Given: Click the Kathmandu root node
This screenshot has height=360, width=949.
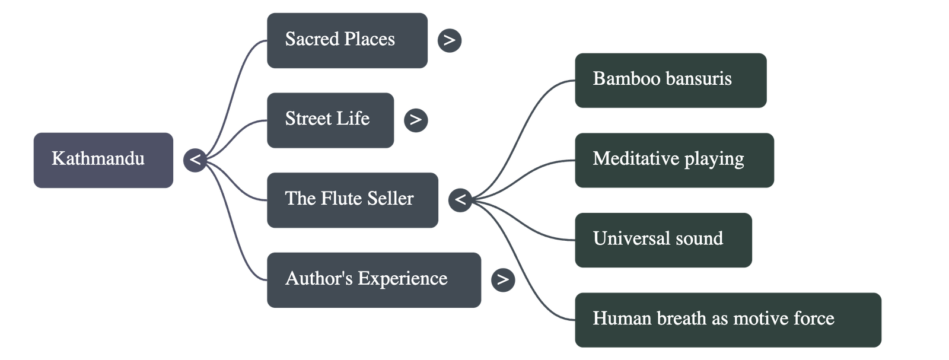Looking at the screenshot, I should (x=103, y=160).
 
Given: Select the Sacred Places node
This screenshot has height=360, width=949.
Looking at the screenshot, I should (x=347, y=41).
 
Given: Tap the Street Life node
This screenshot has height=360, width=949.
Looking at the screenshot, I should (x=330, y=120).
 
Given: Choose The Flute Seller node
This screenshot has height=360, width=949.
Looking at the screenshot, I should (x=352, y=200).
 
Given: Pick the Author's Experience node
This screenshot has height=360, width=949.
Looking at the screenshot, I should (x=374, y=279).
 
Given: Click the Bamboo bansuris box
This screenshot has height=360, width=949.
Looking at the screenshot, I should (x=670, y=80).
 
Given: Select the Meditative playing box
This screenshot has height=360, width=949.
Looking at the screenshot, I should (x=674, y=160).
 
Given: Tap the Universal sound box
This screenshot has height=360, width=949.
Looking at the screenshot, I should (x=663, y=240).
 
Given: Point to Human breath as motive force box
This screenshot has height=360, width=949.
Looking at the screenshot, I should (x=728, y=319).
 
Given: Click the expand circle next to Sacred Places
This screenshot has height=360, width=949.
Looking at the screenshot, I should (x=450, y=40).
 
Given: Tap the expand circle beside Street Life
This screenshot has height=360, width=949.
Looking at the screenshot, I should (x=416, y=120).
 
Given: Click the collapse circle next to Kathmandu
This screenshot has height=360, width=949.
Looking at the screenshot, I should (x=195, y=160).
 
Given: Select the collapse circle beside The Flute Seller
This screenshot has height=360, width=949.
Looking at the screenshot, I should (x=460, y=200).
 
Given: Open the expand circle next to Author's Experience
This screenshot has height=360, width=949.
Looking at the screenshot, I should (x=503, y=279).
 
